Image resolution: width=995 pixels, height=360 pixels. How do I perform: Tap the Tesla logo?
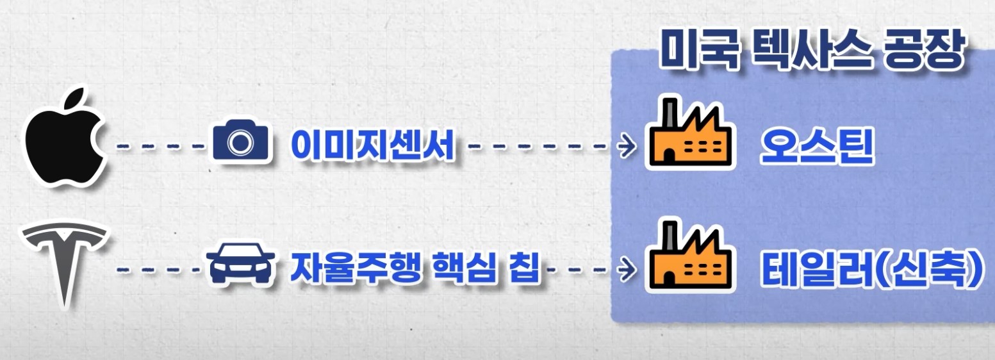pyautogui.click(x=63, y=259)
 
